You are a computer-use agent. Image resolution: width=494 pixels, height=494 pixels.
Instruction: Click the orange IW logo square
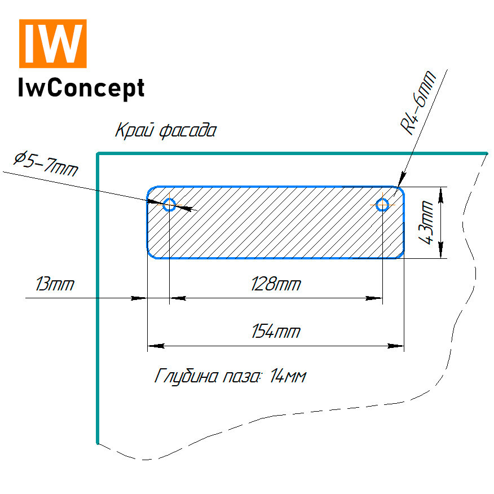point(53,43)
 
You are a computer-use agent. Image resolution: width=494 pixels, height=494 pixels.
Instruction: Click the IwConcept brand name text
point(81,87)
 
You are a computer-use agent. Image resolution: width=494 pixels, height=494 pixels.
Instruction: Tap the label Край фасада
point(165,131)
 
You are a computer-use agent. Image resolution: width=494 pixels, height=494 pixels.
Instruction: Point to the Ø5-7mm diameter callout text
point(46,163)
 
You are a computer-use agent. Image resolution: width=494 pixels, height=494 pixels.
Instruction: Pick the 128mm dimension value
point(275,284)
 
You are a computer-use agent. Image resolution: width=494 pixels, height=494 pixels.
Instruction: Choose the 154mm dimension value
point(275,332)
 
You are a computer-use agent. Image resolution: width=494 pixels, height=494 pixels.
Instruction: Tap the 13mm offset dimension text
point(54,284)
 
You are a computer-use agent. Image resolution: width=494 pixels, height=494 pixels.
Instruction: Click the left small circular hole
point(169,205)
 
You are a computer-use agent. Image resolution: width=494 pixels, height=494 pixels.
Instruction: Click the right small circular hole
point(383,205)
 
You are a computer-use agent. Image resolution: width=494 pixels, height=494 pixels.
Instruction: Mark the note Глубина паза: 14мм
point(230,376)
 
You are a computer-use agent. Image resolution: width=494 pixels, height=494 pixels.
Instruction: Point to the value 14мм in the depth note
point(288,376)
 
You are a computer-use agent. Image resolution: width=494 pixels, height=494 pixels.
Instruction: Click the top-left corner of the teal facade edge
point(99,153)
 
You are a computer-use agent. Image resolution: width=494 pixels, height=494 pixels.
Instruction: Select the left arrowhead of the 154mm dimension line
point(154,345)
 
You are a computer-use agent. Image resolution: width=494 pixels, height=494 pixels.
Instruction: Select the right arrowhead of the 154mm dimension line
point(398,345)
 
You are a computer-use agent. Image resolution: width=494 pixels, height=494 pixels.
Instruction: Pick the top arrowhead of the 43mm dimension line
point(440,193)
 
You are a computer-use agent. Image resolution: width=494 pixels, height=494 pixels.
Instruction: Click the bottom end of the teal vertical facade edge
point(98,442)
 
